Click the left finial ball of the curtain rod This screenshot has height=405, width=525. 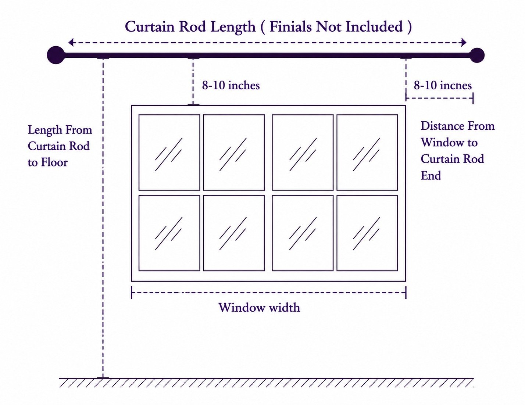pyautogui.click(x=56, y=55)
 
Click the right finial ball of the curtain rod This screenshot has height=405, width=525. pyautogui.click(x=477, y=55)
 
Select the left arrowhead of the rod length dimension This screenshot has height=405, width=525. pyautogui.click(x=71, y=43)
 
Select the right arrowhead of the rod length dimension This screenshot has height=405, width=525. pyautogui.click(x=464, y=42)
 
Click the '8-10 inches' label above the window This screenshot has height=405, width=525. pyautogui.click(x=231, y=85)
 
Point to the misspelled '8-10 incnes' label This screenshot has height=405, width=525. pyautogui.click(x=443, y=85)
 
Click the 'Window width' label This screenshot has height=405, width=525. pyautogui.click(x=259, y=308)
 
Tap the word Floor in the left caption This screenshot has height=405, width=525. pyautogui.click(x=54, y=162)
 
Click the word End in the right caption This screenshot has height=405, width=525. pyautogui.click(x=431, y=175)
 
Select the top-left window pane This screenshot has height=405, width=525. pyautogui.click(x=169, y=153)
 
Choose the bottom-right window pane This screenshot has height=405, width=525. pyautogui.click(x=367, y=233)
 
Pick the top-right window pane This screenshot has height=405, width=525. pyautogui.click(x=367, y=153)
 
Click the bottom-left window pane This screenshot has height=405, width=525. pyautogui.click(x=169, y=233)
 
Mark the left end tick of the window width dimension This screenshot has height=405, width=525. pyautogui.click(x=131, y=293)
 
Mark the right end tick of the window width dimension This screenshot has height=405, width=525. pyautogui.click(x=406, y=293)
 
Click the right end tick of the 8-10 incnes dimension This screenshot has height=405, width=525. pyautogui.click(x=473, y=98)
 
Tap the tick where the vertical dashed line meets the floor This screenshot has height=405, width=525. pyautogui.click(x=103, y=377)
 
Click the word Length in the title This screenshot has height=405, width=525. pyautogui.click(x=233, y=27)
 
